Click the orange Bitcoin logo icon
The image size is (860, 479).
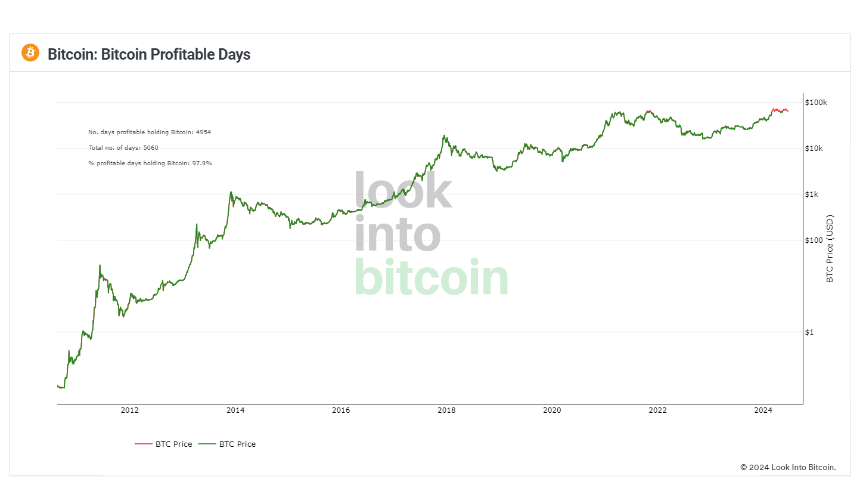point(30,52)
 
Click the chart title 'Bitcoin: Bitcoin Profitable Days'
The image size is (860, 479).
point(149,54)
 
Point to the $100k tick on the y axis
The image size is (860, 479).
point(816,103)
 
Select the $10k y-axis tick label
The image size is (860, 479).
point(814,149)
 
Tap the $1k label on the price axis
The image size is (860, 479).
point(812,194)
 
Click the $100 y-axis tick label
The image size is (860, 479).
point(814,240)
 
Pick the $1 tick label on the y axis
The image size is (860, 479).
point(809,332)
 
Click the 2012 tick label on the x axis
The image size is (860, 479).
point(130,410)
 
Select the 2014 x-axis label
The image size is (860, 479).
point(235,410)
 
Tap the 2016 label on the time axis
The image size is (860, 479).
point(341,410)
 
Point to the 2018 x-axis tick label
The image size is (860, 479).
point(446,410)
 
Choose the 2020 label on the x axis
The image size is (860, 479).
point(552,410)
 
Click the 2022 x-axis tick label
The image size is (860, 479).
point(658,410)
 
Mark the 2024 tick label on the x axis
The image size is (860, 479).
point(763,410)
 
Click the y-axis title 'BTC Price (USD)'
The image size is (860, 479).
point(830,248)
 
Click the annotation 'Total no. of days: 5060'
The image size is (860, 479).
point(123,147)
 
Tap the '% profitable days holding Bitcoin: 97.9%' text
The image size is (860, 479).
point(150,163)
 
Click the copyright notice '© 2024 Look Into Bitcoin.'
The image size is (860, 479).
point(788,467)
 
